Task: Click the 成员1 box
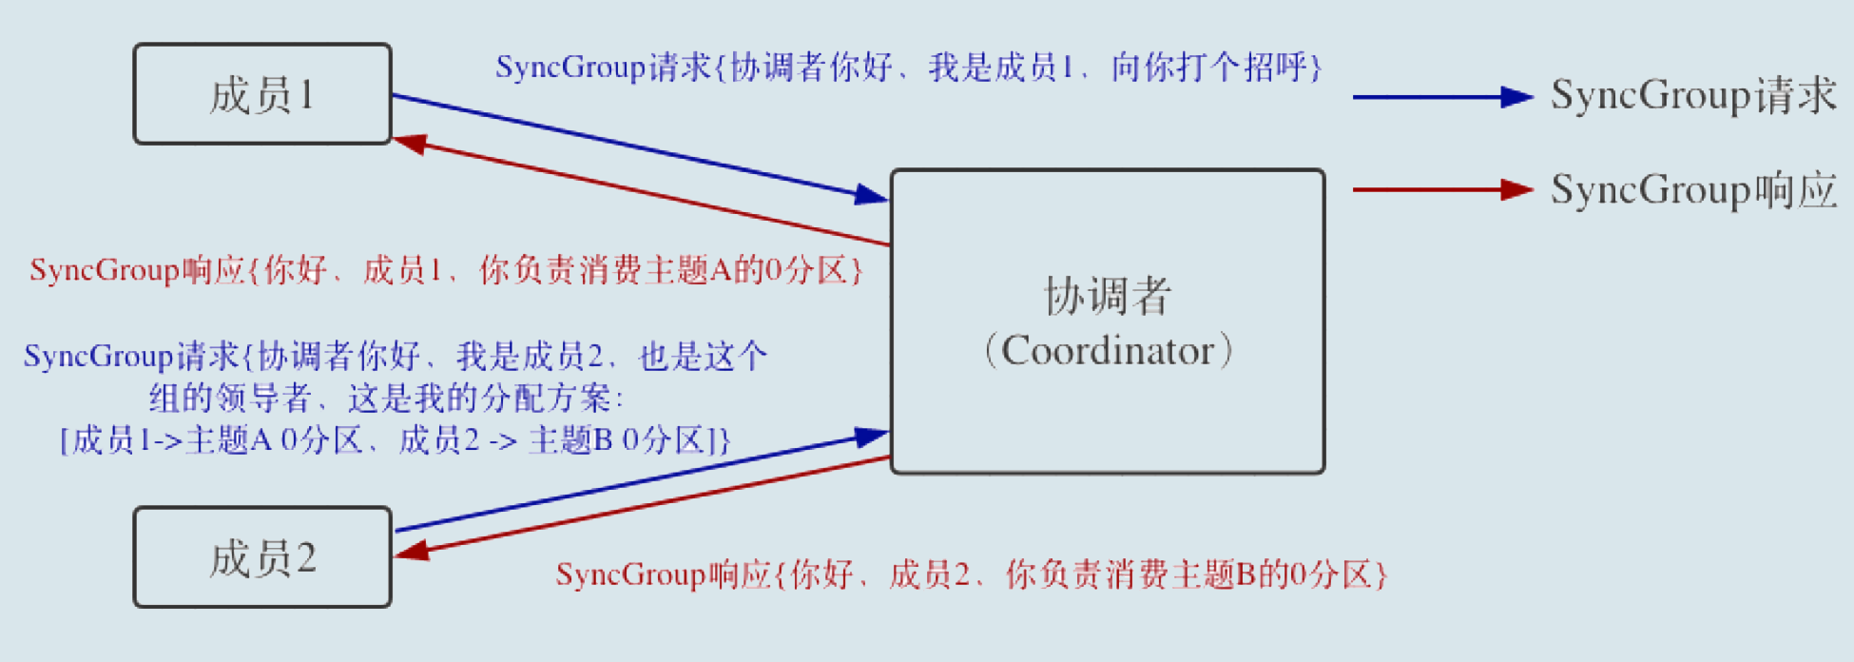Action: [x=262, y=94]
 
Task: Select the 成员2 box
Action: [x=262, y=557]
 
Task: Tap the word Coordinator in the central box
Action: [x=1109, y=351]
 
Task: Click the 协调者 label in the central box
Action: [x=1108, y=296]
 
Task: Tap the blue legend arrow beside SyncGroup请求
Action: [x=1441, y=97]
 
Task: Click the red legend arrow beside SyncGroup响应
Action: [x=1441, y=190]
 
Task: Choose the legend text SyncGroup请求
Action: [x=1692, y=95]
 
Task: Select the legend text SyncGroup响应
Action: [x=1692, y=189]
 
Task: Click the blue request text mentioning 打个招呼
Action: [x=908, y=68]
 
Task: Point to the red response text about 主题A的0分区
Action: [x=446, y=270]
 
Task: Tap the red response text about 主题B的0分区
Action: [x=971, y=574]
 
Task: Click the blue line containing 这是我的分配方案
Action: [x=386, y=398]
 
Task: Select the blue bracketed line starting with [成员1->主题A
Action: [x=395, y=440]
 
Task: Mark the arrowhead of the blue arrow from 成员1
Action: [x=871, y=195]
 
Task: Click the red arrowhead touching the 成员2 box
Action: [x=411, y=551]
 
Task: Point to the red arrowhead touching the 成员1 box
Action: [x=410, y=144]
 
